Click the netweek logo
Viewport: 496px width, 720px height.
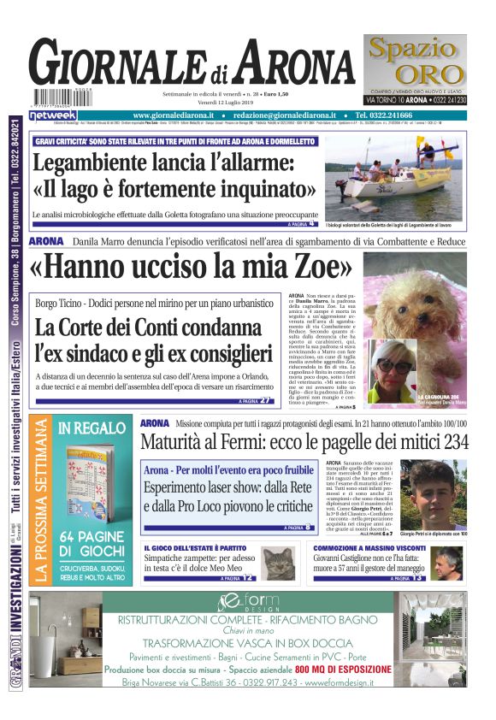click(x=53, y=115)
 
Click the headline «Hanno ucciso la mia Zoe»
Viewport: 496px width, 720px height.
click(x=190, y=267)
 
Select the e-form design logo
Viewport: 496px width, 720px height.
click(x=248, y=603)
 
